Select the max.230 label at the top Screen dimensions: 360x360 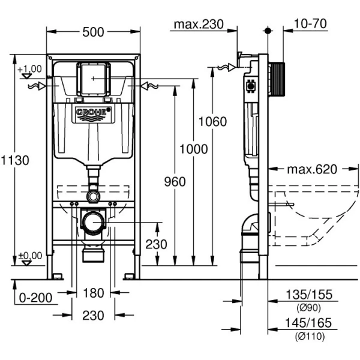coord(199,25)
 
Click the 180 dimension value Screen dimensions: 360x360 coord(93,293)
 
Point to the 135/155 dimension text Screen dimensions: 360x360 coord(310,295)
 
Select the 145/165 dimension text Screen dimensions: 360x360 coord(310,324)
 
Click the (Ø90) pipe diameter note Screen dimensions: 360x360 coord(310,308)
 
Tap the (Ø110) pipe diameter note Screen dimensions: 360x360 coord(310,337)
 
